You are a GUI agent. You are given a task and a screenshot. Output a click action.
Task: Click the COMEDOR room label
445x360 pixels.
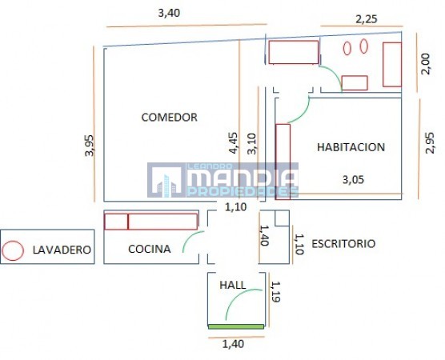tap(169, 117)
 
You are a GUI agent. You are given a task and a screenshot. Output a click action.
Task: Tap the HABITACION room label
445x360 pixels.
tap(351, 147)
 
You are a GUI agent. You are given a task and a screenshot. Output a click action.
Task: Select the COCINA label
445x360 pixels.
tap(150, 249)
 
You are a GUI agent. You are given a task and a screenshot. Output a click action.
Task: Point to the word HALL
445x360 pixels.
tap(233, 285)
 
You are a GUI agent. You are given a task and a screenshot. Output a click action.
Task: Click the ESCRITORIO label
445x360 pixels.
tap(343, 244)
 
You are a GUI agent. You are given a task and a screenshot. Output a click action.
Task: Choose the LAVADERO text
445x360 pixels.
tap(62, 250)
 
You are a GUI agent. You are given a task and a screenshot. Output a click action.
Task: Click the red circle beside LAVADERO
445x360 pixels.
tap(13, 250)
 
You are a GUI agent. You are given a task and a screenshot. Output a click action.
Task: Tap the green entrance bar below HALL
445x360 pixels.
tap(236, 327)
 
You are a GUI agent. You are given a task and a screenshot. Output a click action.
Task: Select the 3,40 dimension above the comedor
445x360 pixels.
tap(169, 13)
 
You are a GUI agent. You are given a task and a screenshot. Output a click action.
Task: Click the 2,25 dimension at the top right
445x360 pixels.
tap(367, 19)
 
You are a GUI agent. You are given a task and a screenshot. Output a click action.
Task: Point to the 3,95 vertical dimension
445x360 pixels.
tap(89, 146)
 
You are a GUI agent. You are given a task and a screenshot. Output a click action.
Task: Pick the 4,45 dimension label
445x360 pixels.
tap(234, 143)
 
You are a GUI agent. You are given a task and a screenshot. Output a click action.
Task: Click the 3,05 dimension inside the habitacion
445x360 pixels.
tap(353, 179)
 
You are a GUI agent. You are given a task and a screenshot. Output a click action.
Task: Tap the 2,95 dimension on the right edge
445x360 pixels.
tap(430, 142)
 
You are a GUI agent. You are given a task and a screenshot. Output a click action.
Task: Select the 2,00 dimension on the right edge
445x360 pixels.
tap(426, 64)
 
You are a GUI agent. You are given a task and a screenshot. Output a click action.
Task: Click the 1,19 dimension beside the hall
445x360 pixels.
tap(275, 292)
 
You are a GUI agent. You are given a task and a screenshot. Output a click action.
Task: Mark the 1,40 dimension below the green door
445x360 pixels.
tap(233, 344)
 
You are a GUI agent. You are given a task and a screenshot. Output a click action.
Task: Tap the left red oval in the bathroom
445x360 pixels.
tap(347, 48)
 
